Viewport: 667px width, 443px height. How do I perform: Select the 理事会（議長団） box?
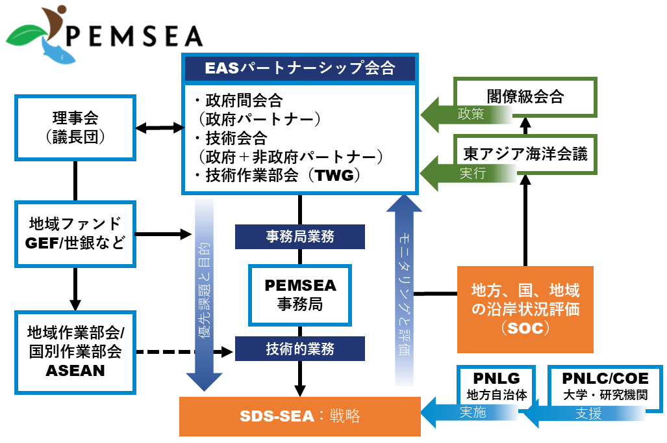point(75,128)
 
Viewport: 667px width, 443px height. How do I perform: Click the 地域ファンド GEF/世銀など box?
point(75,233)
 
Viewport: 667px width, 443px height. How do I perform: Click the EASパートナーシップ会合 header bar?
point(299,68)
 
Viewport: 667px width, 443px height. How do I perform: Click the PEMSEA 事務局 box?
point(299,295)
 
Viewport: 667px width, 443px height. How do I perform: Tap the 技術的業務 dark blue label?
point(299,349)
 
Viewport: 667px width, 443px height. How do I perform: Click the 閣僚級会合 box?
point(525,98)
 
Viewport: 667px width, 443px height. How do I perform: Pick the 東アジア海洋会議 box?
point(525,154)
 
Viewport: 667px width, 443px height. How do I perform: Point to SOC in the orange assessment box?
point(525,329)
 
